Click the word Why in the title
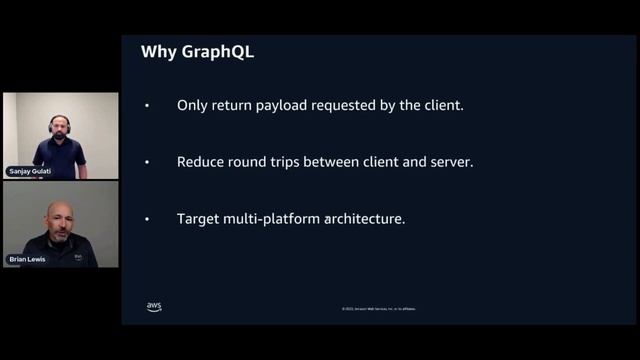pos(160,51)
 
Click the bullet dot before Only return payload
pos(147,105)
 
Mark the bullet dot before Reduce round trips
pos(147,162)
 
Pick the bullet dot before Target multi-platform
pos(147,219)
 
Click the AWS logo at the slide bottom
pos(154,306)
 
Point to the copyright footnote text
pos(379,309)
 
